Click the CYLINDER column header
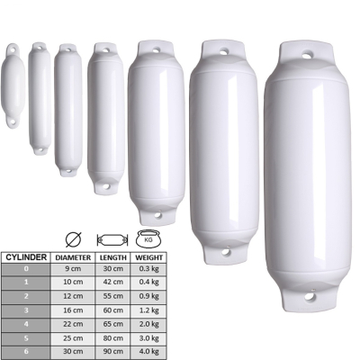click(26, 257)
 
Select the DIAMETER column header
click(73, 257)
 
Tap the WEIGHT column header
click(148, 257)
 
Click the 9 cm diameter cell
click(73, 268)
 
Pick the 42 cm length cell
click(113, 282)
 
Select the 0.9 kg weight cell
click(148, 296)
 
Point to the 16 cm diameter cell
click(73, 310)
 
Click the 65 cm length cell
click(113, 324)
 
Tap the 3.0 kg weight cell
click(148, 338)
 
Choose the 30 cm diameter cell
click(73, 351)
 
